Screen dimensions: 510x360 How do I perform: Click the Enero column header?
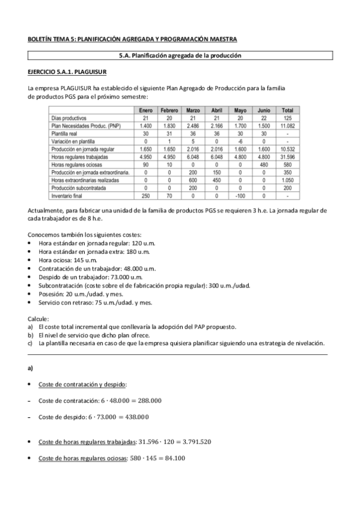click(x=146, y=110)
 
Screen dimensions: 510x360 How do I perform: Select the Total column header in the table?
click(x=287, y=110)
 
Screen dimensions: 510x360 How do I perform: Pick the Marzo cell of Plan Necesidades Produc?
click(x=194, y=126)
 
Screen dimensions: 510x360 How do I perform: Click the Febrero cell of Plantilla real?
click(x=169, y=134)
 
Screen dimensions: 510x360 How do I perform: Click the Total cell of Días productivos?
click(x=287, y=118)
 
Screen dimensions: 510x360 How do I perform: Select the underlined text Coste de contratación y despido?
click(x=82, y=384)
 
